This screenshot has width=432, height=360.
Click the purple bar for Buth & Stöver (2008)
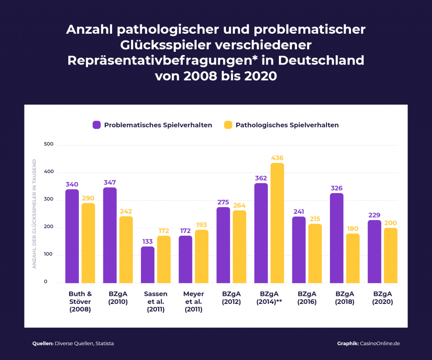(x=72, y=236)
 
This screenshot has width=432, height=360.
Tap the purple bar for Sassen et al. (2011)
(x=148, y=265)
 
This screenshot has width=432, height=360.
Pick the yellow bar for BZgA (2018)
(x=353, y=258)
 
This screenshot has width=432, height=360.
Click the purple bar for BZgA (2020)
(x=374, y=251)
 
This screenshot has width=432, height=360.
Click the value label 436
(x=277, y=158)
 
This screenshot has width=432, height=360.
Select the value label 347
(x=110, y=183)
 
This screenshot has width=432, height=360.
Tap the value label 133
(x=148, y=241)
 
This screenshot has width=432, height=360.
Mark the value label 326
(x=337, y=188)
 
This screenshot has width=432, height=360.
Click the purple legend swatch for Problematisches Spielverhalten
(x=97, y=125)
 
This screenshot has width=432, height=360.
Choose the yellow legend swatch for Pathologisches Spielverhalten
(x=228, y=125)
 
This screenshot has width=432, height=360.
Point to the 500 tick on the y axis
(x=49, y=144)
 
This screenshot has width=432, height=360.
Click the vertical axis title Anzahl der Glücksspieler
(x=35, y=214)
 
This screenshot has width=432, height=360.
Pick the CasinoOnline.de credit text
(x=379, y=344)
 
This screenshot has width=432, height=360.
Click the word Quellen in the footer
(x=43, y=344)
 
